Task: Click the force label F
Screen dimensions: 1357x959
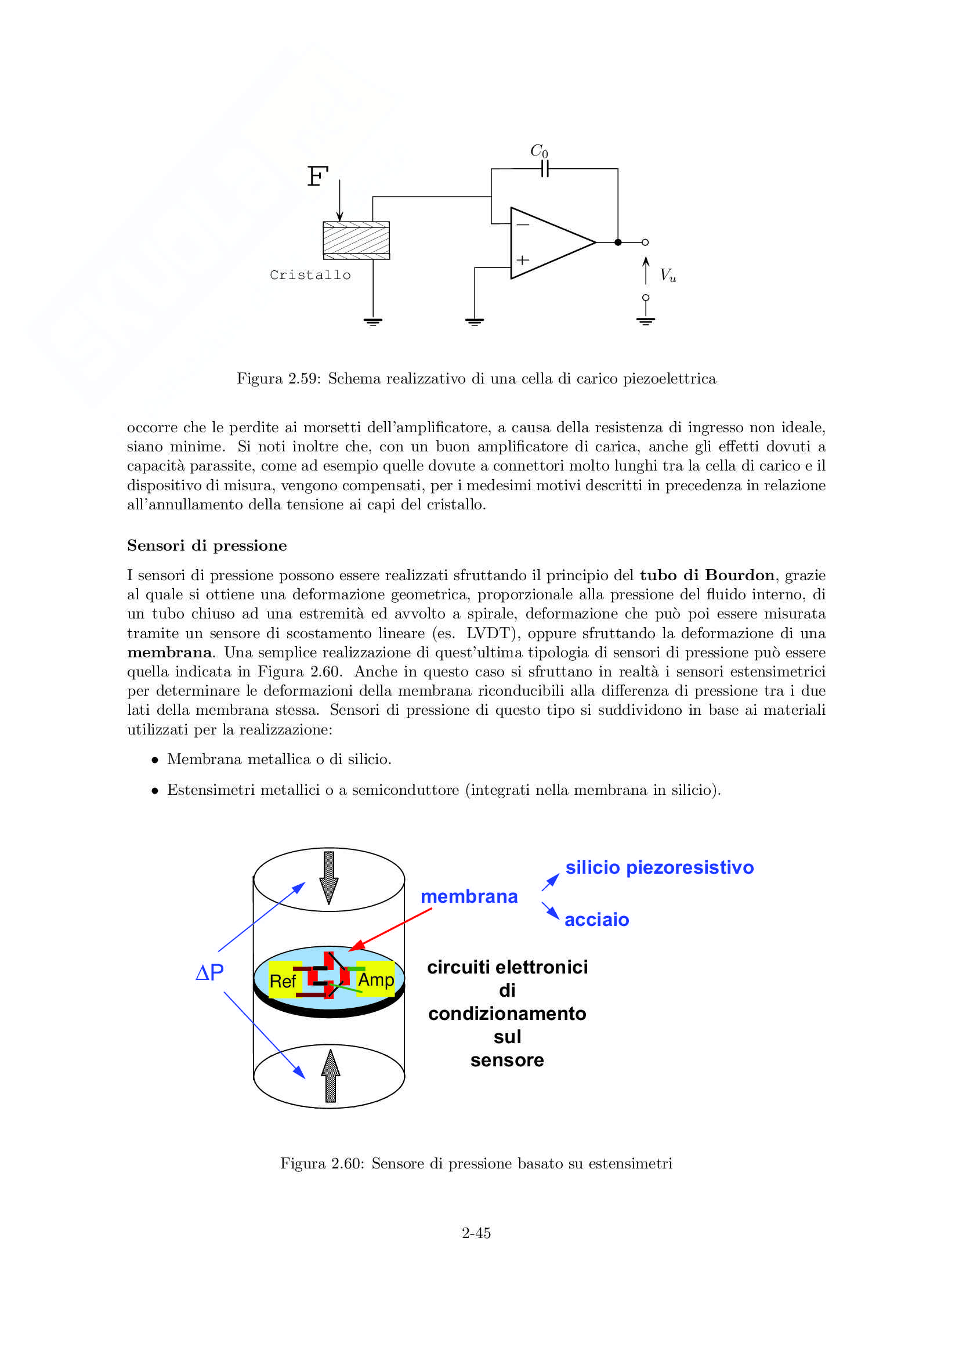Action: (x=317, y=176)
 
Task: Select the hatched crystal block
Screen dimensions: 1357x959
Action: (x=356, y=240)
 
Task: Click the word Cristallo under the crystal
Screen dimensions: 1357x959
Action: (x=310, y=276)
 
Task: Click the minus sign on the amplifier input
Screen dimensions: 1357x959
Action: (x=523, y=225)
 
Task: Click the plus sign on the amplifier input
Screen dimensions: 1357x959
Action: (x=523, y=260)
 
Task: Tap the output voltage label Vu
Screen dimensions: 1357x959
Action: (x=668, y=275)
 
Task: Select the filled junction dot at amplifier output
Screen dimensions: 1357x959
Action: (x=618, y=243)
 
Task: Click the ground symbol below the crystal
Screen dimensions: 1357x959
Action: (x=373, y=322)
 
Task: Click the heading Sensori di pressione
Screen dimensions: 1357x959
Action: (x=207, y=545)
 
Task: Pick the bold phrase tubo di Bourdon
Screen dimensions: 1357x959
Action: (x=707, y=575)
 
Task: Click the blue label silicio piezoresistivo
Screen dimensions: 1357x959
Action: (x=660, y=867)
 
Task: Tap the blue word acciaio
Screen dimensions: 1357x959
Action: (x=597, y=920)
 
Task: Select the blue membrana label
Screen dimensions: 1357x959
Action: (x=469, y=896)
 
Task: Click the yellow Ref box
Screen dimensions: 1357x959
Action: (x=283, y=981)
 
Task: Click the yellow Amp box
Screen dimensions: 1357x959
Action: (x=377, y=980)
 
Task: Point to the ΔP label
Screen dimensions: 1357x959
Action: (x=210, y=972)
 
